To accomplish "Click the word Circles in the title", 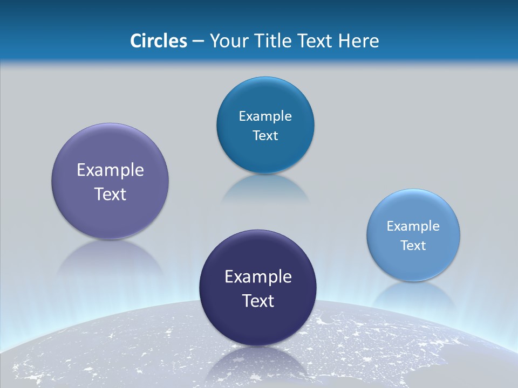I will pyautogui.click(x=158, y=41).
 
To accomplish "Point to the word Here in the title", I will pyautogui.click(x=358, y=41).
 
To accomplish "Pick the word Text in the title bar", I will pyautogui.click(x=316, y=41).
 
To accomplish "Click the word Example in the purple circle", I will pyautogui.click(x=110, y=170).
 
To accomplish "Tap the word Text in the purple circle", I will pyautogui.click(x=110, y=194).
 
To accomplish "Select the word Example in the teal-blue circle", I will pyautogui.click(x=265, y=116).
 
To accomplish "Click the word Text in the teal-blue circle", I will pyautogui.click(x=265, y=136).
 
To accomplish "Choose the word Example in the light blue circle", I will pyautogui.click(x=413, y=226).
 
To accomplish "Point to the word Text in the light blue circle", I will pyautogui.click(x=413, y=246).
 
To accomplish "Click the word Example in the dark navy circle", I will pyautogui.click(x=258, y=277).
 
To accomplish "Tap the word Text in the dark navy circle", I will pyautogui.click(x=258, y=301).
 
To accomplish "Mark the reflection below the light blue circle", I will pyautogui.click(x=413, y=296).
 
